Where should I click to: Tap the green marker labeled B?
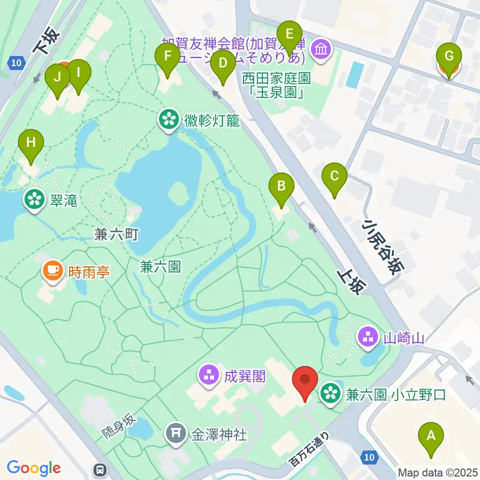coord(281,187)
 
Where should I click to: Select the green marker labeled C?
coord(334,176)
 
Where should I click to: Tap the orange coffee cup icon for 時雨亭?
coord(52,270)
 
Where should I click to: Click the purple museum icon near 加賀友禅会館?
coord(319,49)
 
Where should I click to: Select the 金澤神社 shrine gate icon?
coord(176,433)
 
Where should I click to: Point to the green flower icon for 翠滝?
coord(34,200)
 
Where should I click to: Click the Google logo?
coord(34,468)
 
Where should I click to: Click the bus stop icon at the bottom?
coord(100,469)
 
